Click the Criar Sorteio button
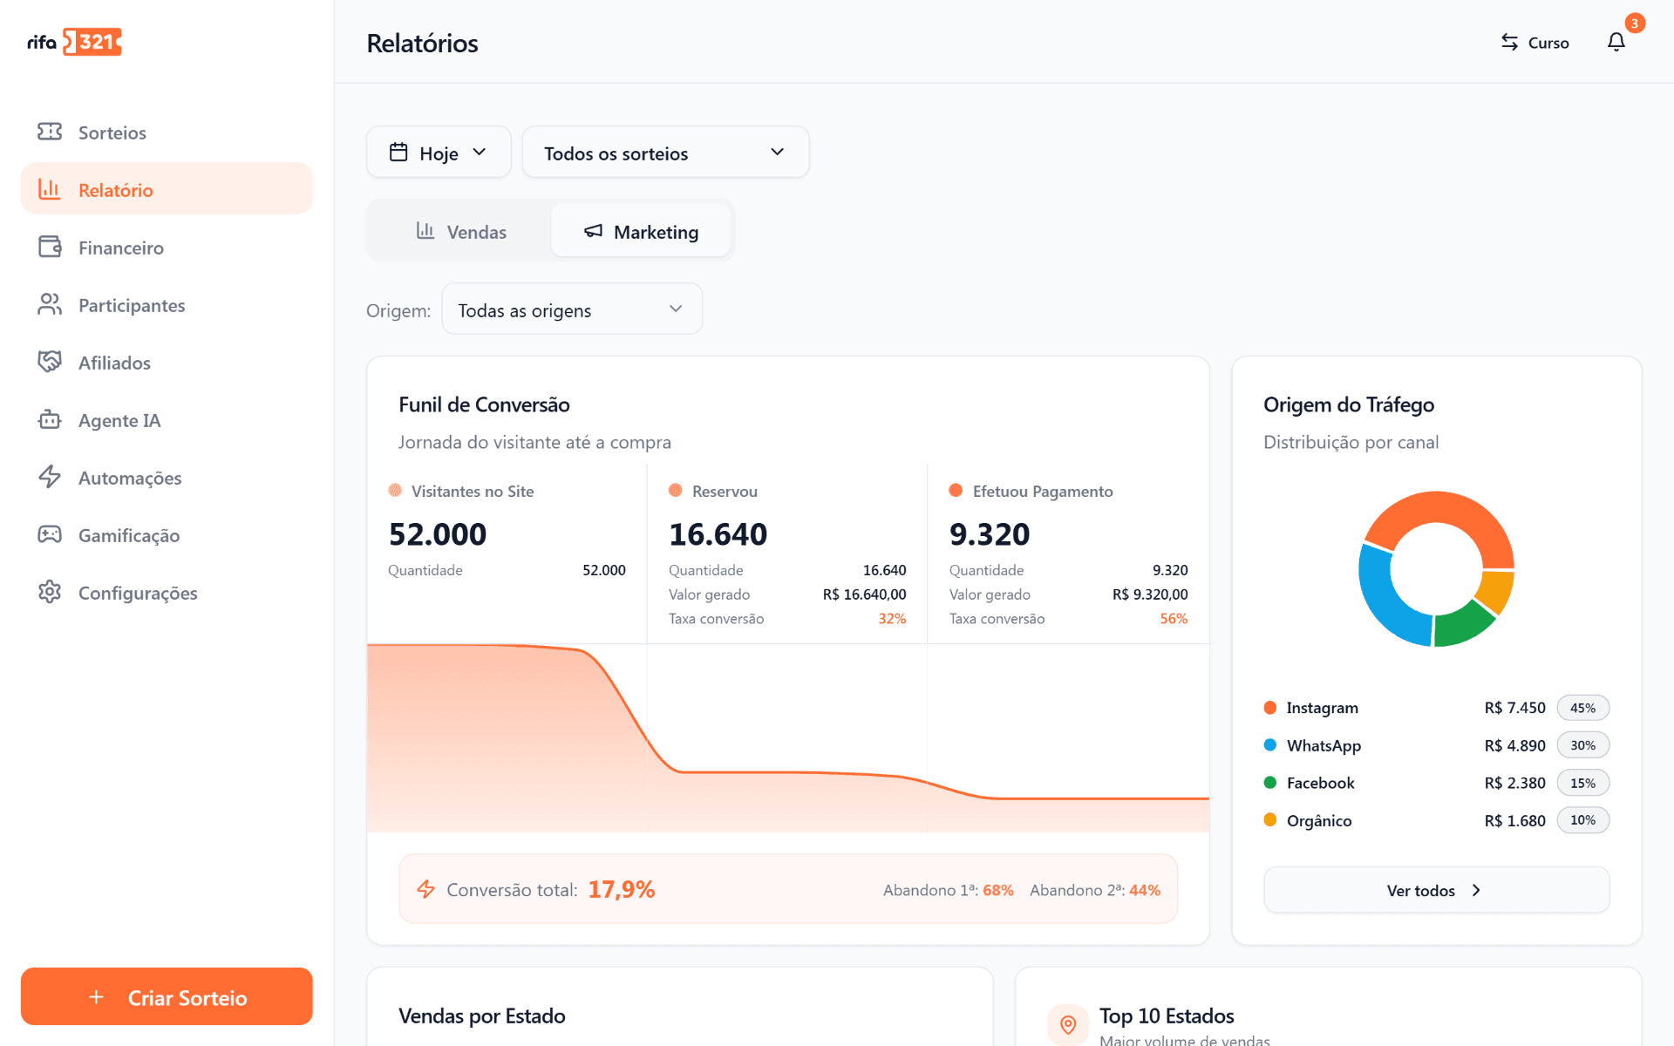pos(167,996)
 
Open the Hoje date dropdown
pos(439,153)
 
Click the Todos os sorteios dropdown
pos(665,153)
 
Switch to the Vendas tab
pos(461,231)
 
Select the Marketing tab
pos(641,231)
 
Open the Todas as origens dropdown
pos(572,309)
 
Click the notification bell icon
pos(1616,42)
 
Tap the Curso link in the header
pos(1534,43)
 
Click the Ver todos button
pos(1436,890)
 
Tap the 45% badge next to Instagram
pos(1582,708)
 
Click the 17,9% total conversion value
pos(622,889)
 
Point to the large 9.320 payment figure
pos(990,534)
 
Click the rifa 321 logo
pos(74,42)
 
